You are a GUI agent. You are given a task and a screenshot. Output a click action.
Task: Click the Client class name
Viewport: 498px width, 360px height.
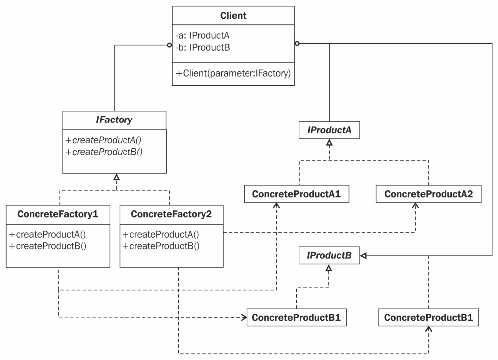(x=233, y=16)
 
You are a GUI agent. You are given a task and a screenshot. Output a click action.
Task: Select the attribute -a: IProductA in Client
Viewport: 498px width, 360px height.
(x=202, y=35)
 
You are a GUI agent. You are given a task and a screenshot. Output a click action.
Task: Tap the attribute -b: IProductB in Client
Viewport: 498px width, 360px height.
(x=203, y=48)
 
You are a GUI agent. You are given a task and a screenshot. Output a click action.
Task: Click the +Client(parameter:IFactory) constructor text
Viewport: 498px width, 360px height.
(x=233, y=73)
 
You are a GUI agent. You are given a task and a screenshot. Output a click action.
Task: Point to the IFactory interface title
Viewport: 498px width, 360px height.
(x=115, y=120)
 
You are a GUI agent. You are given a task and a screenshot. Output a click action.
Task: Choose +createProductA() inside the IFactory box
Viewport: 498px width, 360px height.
(x=104, y=140)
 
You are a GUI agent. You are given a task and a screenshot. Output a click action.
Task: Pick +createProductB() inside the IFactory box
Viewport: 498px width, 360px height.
(x=104, y=152)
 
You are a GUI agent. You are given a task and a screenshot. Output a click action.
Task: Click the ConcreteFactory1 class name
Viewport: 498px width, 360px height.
(x=58, y=214)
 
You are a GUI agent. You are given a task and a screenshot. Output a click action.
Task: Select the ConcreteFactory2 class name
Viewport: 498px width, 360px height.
(x=171, y=214)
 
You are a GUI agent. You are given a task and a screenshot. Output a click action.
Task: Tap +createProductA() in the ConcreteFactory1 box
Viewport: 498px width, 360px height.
(x=48, y=235)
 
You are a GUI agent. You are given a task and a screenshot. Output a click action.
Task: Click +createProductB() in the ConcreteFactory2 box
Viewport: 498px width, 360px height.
(x=161, y=246)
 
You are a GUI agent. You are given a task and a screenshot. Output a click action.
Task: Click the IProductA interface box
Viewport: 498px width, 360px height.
(x=329, y=130)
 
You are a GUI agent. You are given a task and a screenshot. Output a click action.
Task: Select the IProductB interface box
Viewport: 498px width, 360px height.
(x=329, y=255)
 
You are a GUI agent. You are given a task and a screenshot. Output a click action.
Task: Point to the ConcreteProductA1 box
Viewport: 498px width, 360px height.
(x=296, y=194)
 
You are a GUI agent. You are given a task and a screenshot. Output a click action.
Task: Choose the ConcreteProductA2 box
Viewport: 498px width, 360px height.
(x=428, y=194)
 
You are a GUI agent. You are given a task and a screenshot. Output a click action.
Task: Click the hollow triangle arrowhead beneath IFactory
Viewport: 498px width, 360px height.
(x=116, y=177)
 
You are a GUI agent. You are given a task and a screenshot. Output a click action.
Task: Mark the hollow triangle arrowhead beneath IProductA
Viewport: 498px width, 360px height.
(x=329, y=143)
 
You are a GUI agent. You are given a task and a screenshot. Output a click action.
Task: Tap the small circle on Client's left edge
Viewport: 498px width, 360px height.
(x=170, y=45)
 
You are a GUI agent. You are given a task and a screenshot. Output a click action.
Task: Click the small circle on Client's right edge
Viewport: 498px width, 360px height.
(x=297, y=43)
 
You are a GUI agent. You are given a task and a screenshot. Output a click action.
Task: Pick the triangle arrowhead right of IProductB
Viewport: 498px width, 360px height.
(x=364, y=256)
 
